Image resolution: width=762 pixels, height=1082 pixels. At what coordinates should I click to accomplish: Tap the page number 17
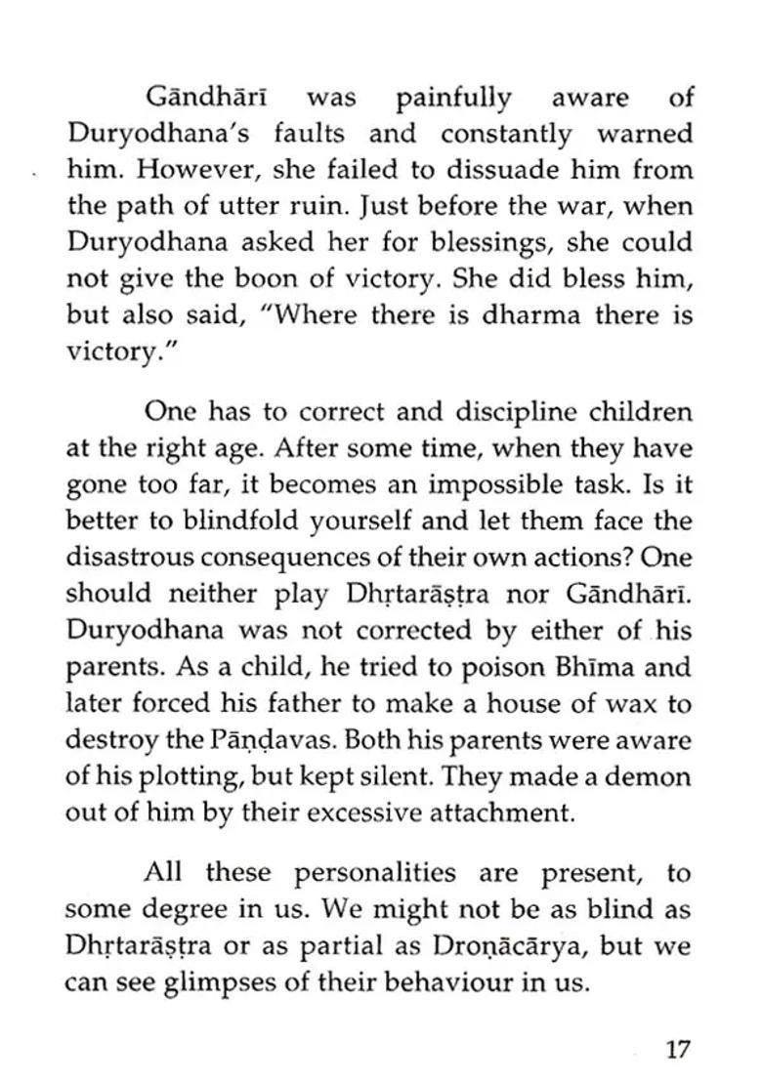coord(678,1051)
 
